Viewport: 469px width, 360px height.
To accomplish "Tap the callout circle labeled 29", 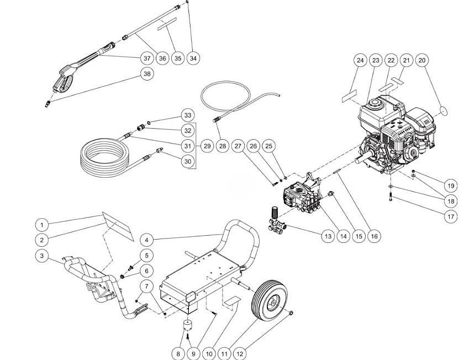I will point(207,146).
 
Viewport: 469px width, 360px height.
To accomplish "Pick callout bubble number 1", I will point(41,225).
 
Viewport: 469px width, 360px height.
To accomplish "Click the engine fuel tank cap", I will point(377,104).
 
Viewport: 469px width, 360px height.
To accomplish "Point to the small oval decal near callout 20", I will point(446,112).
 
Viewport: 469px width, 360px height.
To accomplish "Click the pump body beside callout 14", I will point(298,195).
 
